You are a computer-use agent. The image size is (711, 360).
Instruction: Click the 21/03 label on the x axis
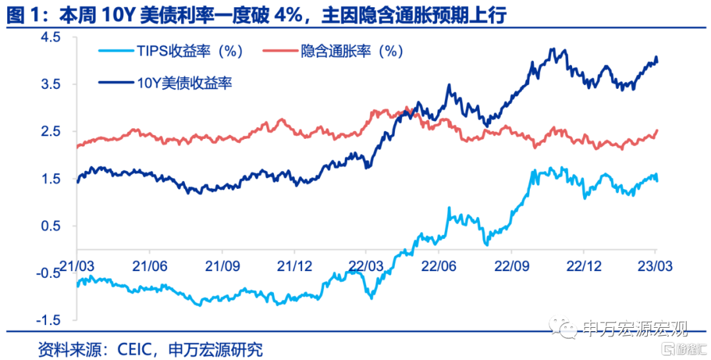pyautogui.click(x=77, y=265)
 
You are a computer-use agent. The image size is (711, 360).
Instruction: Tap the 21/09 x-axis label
pyautogui.click(x=222, y=265)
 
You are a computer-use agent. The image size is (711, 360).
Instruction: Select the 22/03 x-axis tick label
pyautogui.click(x=367, y=265)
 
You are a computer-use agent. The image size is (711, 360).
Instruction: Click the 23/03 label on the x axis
pyautogui.click(x=656, y=265)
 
